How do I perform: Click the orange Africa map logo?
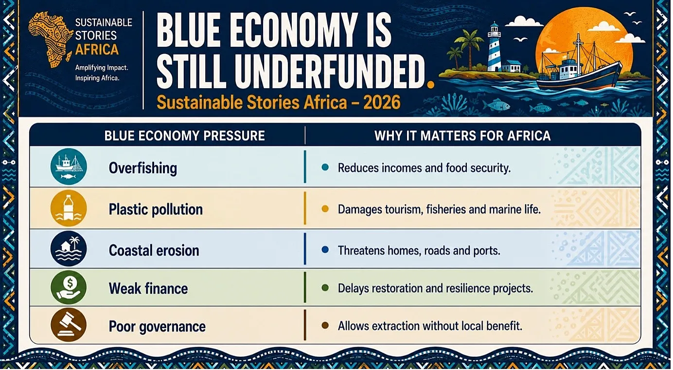point(50,39)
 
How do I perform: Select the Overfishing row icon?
point(69,166)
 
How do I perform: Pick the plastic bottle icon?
point(69,208)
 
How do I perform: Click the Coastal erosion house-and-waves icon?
point(69,249)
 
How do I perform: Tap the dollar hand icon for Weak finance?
point(69,287)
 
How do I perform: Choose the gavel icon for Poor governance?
point(69,325)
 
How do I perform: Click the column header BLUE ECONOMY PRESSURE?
point(184,136)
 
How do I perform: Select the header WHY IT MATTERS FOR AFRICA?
point(462,136)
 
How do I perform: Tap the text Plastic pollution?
point(156,209)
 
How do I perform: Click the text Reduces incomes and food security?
point(424,168)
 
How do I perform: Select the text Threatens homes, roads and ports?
point(419,250)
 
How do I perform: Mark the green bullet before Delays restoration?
point(325,288)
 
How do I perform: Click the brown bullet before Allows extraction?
point(325,326)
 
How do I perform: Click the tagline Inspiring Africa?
point(97,78)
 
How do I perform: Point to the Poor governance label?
point(157,327)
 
